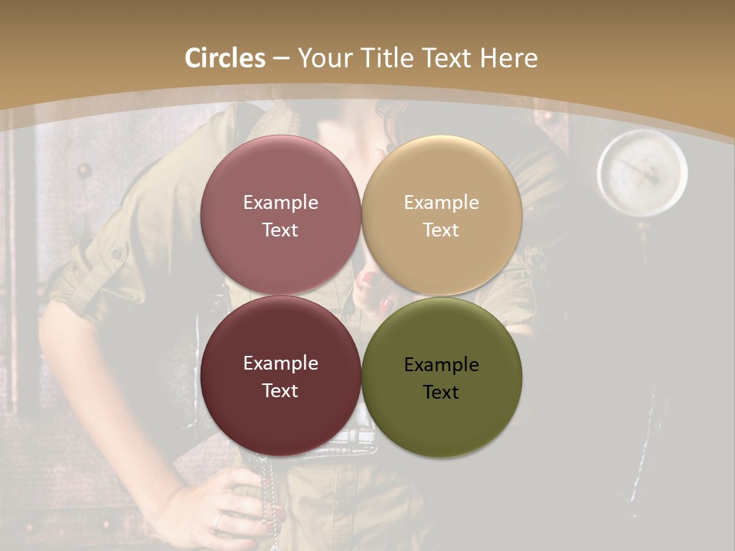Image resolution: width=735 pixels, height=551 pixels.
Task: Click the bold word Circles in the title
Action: tap(225, 58)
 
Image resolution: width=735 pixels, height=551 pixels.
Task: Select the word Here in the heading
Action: tap(508, 58)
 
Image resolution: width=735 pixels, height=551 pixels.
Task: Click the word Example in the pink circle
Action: tap(280, 202)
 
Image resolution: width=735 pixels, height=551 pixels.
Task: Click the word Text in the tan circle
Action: tap(441, 230)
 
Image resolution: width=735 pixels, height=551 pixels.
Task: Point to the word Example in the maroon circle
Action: tap(280, 363)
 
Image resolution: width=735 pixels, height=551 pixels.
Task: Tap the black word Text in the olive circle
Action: tap(441, 392)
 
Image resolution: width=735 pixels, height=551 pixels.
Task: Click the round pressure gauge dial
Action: tap(642, 171)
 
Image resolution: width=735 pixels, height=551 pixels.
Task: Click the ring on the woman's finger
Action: tap(219, 520)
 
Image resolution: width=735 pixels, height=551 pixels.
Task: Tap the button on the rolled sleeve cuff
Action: tap(117, 253)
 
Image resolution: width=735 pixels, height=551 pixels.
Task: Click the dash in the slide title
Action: tap(280, 58)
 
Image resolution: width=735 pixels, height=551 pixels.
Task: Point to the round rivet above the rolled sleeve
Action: tap(84, 170)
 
